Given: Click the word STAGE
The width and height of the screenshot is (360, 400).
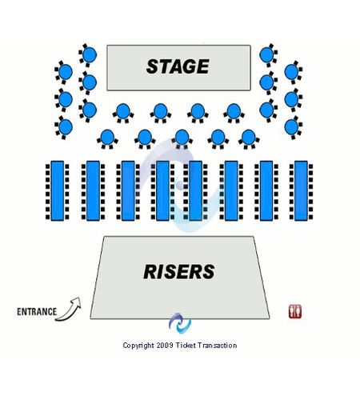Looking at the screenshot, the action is [178, 66].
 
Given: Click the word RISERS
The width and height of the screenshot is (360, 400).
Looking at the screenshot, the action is [179, 272].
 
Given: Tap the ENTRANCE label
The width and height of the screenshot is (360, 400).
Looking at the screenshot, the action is [37, 311].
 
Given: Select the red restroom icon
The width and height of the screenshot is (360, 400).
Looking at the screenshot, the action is [295, 311].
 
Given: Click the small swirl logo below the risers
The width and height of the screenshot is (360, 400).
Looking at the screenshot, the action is [180, 323].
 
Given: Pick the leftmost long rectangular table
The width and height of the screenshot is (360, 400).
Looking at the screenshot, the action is [57, 190].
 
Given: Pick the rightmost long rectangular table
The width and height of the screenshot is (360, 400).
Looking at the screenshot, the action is [301, 190].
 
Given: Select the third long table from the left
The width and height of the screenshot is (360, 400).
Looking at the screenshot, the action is [128, 190].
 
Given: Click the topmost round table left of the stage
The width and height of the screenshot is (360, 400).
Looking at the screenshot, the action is [90, 54].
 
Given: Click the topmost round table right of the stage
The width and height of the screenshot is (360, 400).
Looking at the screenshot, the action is [266, 54].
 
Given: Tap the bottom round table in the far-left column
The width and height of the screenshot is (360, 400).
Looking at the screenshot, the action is [66, 126].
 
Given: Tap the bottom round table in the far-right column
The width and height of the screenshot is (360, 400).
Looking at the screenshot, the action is [291, 126].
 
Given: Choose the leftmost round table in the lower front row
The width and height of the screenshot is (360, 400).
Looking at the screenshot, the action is [107, 137].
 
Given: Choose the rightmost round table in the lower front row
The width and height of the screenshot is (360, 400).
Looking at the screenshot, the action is [249, 137].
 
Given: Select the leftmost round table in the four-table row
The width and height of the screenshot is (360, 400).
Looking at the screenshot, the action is [123, 111].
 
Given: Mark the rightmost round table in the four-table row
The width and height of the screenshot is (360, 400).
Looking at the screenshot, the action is [234, 111].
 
